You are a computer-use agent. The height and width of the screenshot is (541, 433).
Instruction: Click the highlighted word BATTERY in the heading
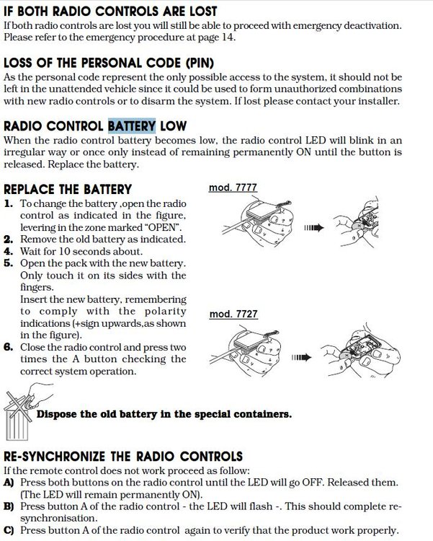tap(132, 126)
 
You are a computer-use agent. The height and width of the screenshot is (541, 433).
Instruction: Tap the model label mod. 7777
tap(233, 188)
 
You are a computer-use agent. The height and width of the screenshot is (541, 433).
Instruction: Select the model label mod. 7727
tap(233, 314)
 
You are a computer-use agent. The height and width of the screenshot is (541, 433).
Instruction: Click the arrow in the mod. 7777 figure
tap(314, 228)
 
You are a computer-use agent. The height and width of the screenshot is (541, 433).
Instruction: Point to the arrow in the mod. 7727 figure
tap(301, 357)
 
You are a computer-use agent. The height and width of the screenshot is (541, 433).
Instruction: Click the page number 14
tap(227, 38)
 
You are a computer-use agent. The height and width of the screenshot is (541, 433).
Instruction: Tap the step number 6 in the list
tap(8, 347)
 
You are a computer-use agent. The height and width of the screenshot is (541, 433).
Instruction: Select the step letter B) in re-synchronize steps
tap(9, 506)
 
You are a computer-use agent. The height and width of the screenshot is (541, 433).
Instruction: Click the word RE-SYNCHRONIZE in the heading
tap(54, 457)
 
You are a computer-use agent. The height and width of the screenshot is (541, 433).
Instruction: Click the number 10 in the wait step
tap(64, 251)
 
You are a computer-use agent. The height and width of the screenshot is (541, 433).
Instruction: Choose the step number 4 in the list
tap(8, 251)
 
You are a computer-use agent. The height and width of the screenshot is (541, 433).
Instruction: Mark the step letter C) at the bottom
tap(9, 530)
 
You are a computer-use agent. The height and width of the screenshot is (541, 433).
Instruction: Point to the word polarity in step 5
tap(165, 312)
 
